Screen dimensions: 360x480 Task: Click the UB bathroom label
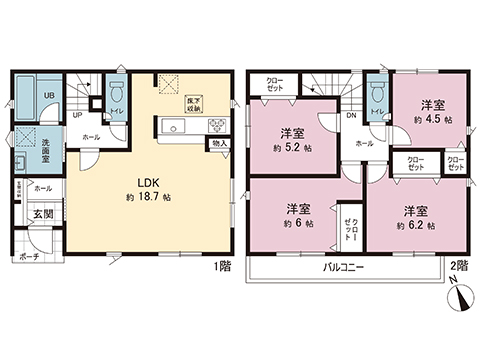pyautogui.click(x=49, y=95)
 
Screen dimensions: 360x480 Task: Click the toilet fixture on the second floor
pyautogui.click(x=376, y=93)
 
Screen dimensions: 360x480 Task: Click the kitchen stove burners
pyautogui.click(x=214, y=126)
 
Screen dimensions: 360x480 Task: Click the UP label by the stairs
pyautogui.click(x=76, y=115)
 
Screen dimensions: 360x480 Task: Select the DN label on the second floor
pyautogui.click(x=353, y=116)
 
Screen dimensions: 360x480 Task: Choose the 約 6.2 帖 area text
pyautogui.click(x=415, y=226)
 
